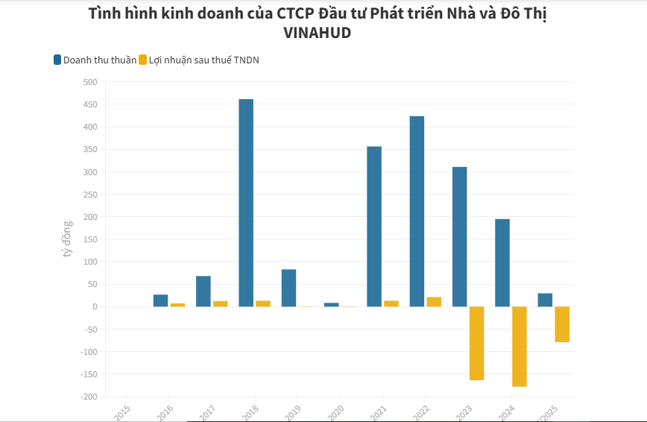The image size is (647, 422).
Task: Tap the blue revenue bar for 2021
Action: [x=374, y=227]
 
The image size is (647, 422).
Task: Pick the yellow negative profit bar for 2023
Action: [x=476, y=343]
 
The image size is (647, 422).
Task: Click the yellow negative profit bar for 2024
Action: [x=520, y=346]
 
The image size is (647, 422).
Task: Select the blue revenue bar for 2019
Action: [x=288, y=288]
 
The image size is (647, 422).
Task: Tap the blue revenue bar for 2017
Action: [x=203, y=292]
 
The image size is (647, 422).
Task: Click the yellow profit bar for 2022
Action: [x=434, y=302]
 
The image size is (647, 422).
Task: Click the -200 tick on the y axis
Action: [x=88, y=397]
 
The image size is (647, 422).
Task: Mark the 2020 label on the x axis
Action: [x=335, y=411]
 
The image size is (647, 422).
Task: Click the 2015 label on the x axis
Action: [x=122, y=411]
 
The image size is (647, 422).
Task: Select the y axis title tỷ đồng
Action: [x=67, y=239]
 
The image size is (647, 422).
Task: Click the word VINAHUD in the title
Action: [x=318, y=34]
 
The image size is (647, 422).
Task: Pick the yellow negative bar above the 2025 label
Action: [x=562, y=324]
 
